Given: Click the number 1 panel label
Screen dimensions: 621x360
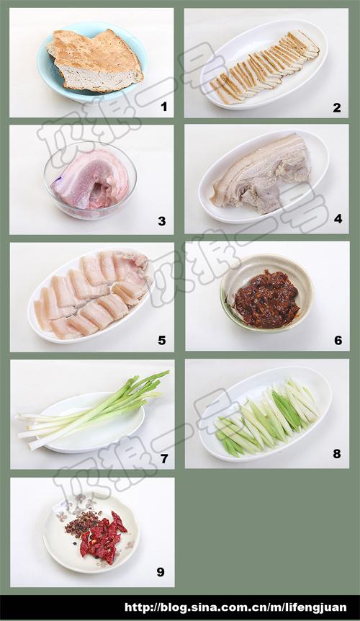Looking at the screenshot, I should (163, 107).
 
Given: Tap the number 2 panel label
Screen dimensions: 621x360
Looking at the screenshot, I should (337, 107).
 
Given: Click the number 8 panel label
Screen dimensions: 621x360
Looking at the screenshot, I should (336, 454).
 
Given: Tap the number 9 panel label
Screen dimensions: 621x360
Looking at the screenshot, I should (161, 572).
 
